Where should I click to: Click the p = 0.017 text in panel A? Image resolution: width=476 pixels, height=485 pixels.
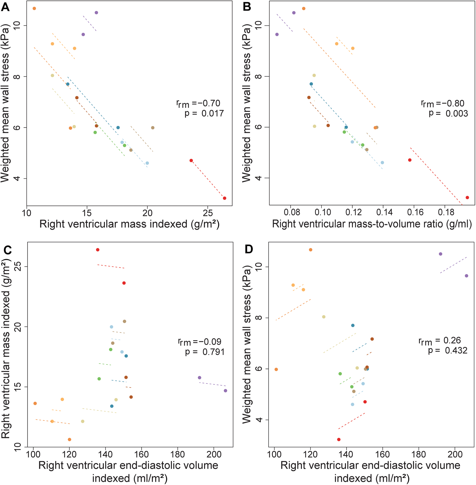tap(204, 113)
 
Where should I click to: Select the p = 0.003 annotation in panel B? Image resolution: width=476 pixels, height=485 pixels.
tap(448, 113)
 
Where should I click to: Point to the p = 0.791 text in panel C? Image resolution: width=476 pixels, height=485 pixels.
tap(205, 352)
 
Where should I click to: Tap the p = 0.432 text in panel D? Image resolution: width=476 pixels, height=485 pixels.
tap(447, 350)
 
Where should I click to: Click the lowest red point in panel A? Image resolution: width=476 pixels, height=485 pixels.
tap(224, 198)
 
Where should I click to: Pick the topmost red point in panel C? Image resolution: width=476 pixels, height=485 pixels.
tap(98, 250)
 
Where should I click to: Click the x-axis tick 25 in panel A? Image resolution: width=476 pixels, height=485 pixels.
tap(208, 213)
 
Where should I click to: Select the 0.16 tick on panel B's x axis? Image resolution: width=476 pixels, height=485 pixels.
tap(415, 213)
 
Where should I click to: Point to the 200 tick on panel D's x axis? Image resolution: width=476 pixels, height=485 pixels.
tap(455, 454)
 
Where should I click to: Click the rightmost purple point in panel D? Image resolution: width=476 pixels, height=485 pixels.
tap(466, 276)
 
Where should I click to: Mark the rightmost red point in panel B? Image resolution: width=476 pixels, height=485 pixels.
tap(467, 198)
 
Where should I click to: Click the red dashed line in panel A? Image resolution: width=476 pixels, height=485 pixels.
tap(208, 180)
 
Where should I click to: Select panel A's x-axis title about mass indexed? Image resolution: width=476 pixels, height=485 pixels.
tap(129, 224)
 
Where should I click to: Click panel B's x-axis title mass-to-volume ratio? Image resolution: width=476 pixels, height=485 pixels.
tap(372, 224)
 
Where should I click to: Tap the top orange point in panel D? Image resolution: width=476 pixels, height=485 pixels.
tap(311, 250)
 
